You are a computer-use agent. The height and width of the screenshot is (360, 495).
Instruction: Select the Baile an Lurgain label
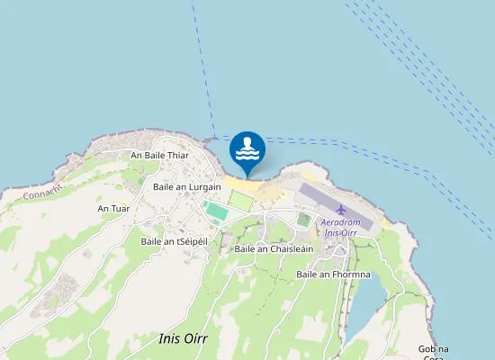point(187,186)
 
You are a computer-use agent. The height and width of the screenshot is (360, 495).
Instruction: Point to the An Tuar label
point(113,209)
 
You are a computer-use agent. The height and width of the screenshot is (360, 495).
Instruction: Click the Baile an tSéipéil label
point(174,241)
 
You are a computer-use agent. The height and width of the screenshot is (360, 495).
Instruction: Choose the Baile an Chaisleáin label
point(274,248)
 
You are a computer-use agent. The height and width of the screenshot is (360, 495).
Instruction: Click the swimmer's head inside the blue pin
point(247,141)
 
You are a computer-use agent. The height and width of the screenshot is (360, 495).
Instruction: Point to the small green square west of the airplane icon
point(303,219)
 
